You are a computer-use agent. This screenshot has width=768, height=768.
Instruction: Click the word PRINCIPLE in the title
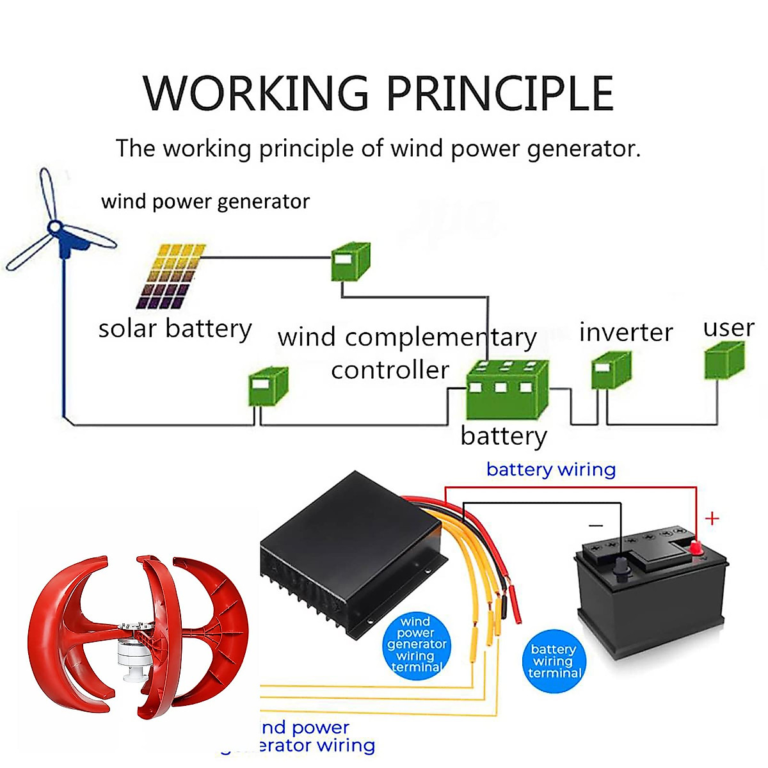coord(499,93)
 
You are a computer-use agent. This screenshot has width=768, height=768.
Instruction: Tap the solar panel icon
coord(171,276)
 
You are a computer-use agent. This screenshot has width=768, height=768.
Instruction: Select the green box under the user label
coord(724,362)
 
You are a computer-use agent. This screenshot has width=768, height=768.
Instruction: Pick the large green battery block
coord(507,390)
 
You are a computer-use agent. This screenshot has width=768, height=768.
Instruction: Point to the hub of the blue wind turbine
coord(56,227)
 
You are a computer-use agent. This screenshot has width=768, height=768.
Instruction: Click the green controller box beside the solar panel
coord(350,261)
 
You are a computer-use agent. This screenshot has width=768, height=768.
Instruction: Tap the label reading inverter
coord(625,333)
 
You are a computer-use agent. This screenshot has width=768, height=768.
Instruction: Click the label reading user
coord(728,328)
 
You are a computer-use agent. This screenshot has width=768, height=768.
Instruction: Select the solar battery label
coord(175,329)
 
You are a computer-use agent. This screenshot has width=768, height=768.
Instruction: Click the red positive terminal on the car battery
coord(696,548)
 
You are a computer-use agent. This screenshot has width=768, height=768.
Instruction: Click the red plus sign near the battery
coord(712,518)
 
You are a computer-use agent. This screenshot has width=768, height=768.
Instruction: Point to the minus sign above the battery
coord(596,525)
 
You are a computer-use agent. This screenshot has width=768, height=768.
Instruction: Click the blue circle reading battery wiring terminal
coord(554,661)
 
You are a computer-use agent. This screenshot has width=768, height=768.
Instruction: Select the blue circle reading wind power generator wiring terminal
coord(417,645)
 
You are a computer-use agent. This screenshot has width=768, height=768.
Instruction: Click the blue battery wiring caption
coord(550,470)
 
